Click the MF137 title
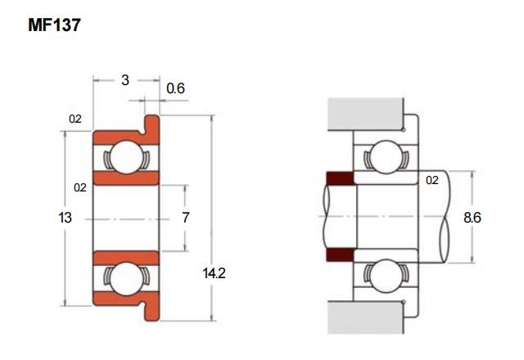coord(54,25)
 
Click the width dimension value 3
coord(125,80)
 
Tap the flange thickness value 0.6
coord(175,88)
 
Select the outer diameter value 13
coord(65,218)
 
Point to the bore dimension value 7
coord(186,218)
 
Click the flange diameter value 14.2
coord(215,273)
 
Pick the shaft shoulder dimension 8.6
coord(472,218)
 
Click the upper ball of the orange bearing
coord(126,157)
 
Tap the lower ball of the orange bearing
coord(126,278)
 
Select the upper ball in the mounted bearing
coord(386,157)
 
